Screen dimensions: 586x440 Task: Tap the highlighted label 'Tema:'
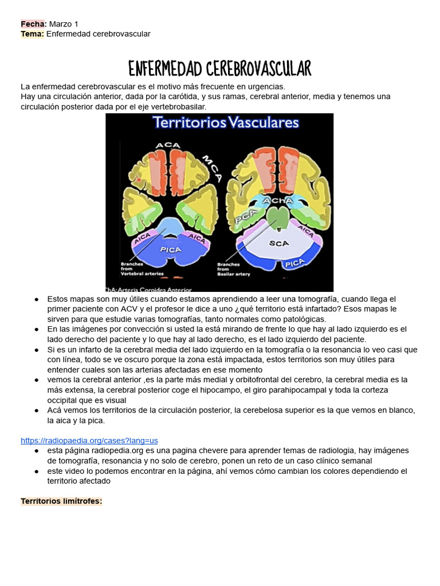coord(32,34)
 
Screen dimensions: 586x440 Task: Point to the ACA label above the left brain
coord(168,145)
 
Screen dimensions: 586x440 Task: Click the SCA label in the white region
coord(279,243)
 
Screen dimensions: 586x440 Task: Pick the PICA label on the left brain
coord(170,250)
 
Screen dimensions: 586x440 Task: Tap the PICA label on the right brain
coord(294,263)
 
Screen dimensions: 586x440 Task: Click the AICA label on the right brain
coord(306,231)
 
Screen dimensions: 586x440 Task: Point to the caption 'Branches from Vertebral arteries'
coord(142,269)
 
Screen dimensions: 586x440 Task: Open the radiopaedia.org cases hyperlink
coord(89,441)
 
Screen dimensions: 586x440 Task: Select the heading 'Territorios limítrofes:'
coord(61,501)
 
